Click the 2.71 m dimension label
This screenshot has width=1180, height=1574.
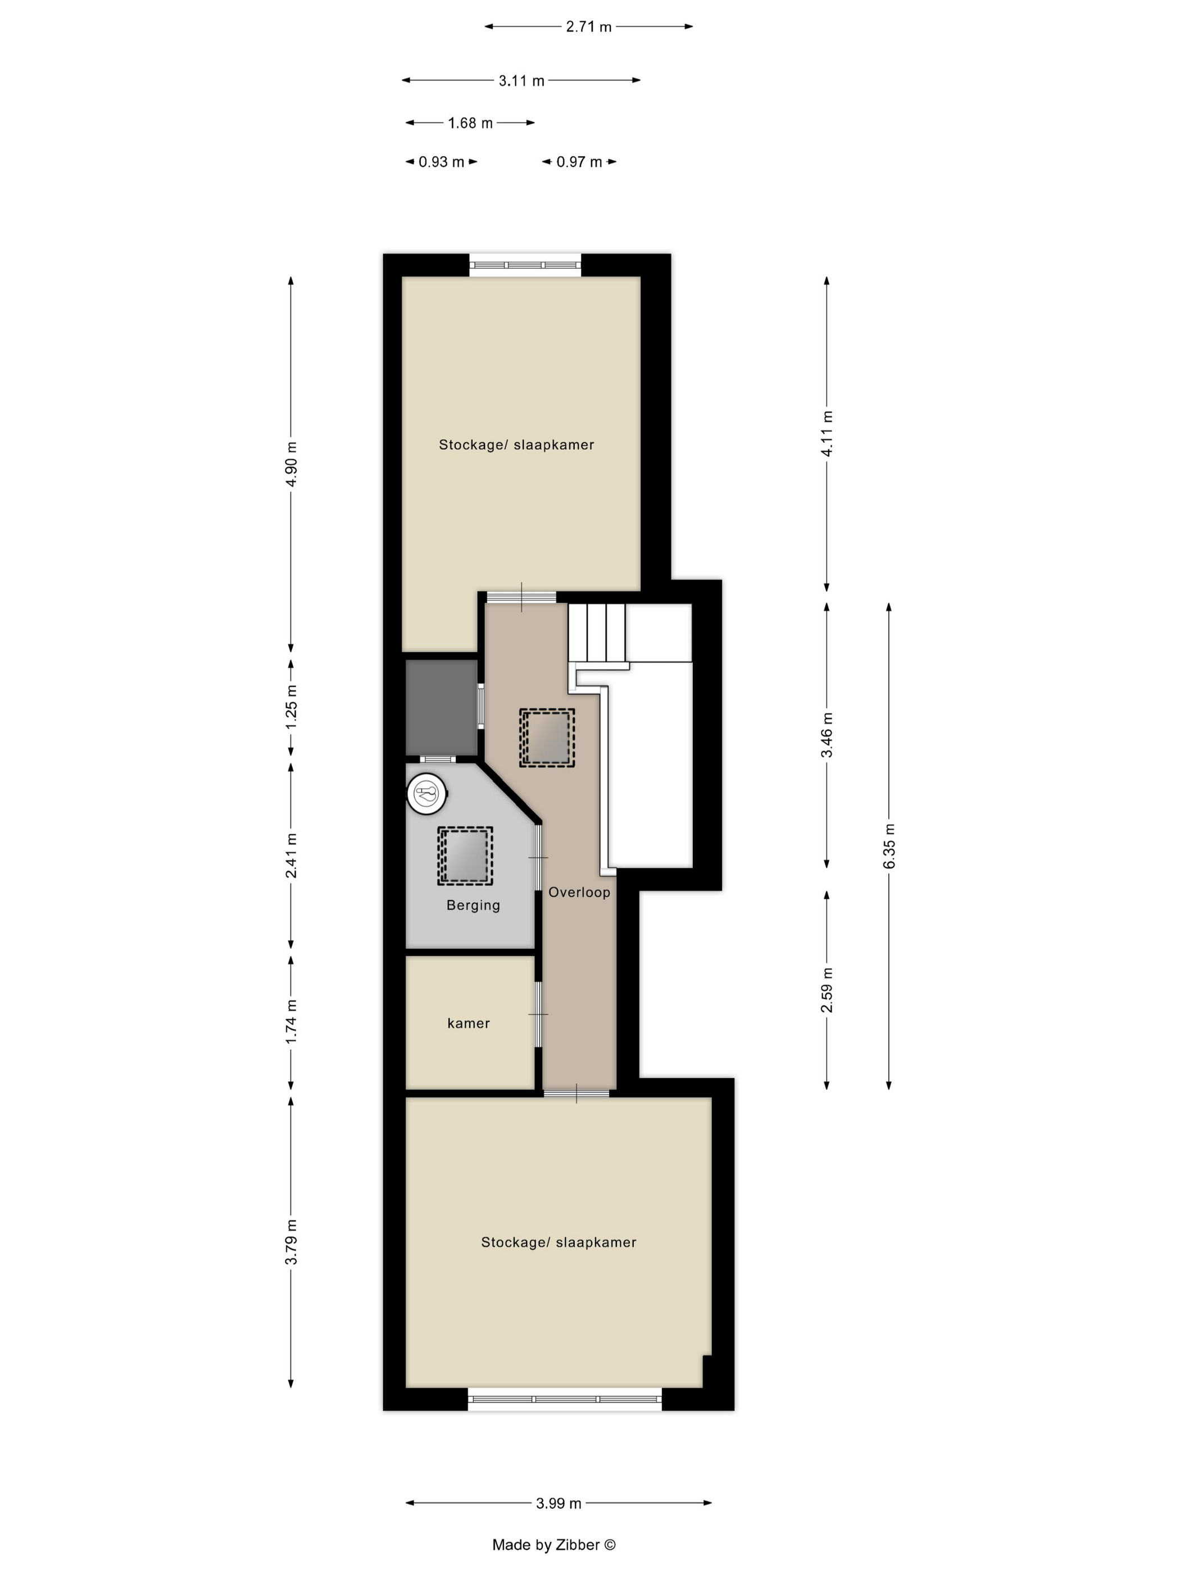pos(588,27)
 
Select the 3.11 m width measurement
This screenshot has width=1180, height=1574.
pos(521,80)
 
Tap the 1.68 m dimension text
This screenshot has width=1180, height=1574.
pos(470,123)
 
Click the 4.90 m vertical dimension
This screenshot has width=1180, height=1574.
pos(291,464)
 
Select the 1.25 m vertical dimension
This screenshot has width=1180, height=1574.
pos(291,707)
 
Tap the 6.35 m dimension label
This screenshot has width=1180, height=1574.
pos(889,846)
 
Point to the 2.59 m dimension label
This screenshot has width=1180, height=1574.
pos(827,990)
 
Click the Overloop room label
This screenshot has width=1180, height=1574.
pos(579,892)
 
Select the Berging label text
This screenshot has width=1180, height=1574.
pos(473,905)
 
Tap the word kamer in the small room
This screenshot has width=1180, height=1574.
pos(468,1023)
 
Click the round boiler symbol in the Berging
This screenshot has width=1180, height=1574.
pos(426,793)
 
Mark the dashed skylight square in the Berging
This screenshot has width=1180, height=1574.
pos(465,856)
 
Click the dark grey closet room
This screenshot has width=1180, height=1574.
pos(441,707)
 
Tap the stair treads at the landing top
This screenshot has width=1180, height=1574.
pos(596,632)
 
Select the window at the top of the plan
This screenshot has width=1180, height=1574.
pos(525,265)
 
